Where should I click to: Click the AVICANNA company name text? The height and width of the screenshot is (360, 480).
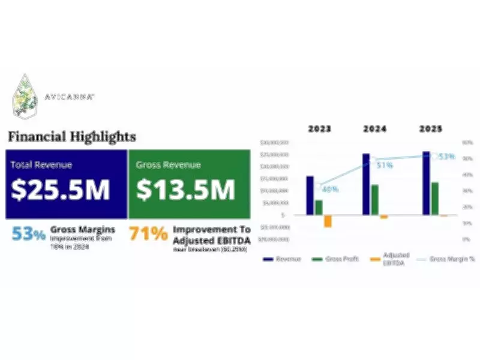pyautogui.click(x=69, y=96)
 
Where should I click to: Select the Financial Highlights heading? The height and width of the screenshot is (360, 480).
pyautogui.click(x=71, y=136)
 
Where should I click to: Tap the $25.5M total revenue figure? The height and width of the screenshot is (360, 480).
pyautogui.click(x=61, y=190)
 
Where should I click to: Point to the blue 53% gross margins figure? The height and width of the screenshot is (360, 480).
pyautogui.click(x=28, y=234)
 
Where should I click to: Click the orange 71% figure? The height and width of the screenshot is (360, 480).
pyautogui.click(x=148, y=233)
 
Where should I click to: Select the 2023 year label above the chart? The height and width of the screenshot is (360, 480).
pyautogui.click(x=320, y=129)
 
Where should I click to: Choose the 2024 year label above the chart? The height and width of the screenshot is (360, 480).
pyautogui.click(x=374, y=129)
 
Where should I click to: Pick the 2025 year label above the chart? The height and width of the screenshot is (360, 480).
pyautogui.click(x=431, y=129)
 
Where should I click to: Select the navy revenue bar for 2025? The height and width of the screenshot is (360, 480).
pyautogui.click(x=426, y=183)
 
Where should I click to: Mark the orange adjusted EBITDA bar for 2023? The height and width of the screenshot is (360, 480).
pyautogui.click(x=328, y=221)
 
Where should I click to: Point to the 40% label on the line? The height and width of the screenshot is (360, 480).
pyautogui.click(x=330, y=189)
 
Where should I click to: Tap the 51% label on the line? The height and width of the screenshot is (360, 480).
pyautogui.click(x=385, y=164)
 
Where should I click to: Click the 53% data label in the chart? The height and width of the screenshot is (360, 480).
pyautogui.click(x=446, y=157)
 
